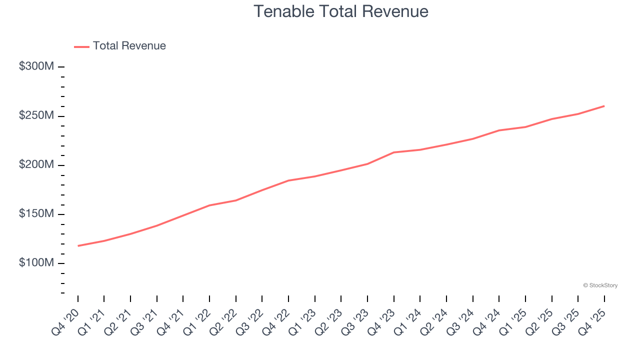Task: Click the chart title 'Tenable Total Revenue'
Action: coord(340,11)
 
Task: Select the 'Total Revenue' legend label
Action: coord(129,46)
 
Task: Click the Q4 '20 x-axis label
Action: coord(65,323)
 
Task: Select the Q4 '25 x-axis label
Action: coord(591,323)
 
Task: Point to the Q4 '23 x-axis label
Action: coord(381,323)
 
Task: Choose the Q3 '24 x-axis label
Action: coord(460,323)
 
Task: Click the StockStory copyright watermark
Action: coord(600,285)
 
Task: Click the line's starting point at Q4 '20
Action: coord(78,245)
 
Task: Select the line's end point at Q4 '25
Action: coord(604,106)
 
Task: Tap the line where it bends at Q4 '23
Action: coord(394,152)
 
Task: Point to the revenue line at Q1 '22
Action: coord(209,205)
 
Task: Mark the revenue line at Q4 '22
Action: coord(288,180)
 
